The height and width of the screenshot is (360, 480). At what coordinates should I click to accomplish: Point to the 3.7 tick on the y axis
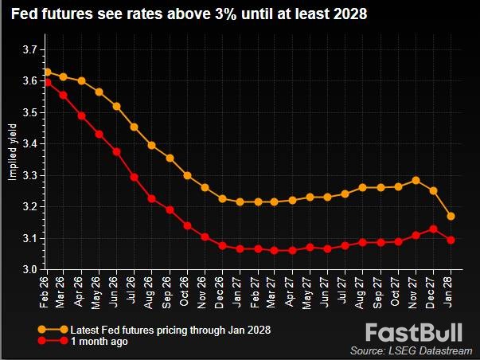pos(29,49)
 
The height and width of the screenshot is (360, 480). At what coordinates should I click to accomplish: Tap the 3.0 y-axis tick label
pos(29,270)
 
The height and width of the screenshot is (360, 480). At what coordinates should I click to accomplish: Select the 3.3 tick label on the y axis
pos(29,175)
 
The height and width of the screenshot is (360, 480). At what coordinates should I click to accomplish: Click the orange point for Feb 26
pos(48,72)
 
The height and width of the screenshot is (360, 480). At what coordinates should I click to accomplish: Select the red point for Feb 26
pos(48,82)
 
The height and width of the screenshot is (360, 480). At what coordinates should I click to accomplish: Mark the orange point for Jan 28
pos(451,216)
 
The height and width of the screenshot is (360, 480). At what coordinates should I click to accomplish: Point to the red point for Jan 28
pos(451,240)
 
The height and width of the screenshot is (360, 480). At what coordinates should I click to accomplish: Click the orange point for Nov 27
pos(416,180)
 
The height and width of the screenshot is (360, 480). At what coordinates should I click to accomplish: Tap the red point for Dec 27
pos(434,229)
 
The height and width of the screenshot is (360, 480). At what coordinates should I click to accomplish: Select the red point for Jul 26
pos(135,177)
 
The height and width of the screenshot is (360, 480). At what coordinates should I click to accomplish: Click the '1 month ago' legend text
pos(100,341)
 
